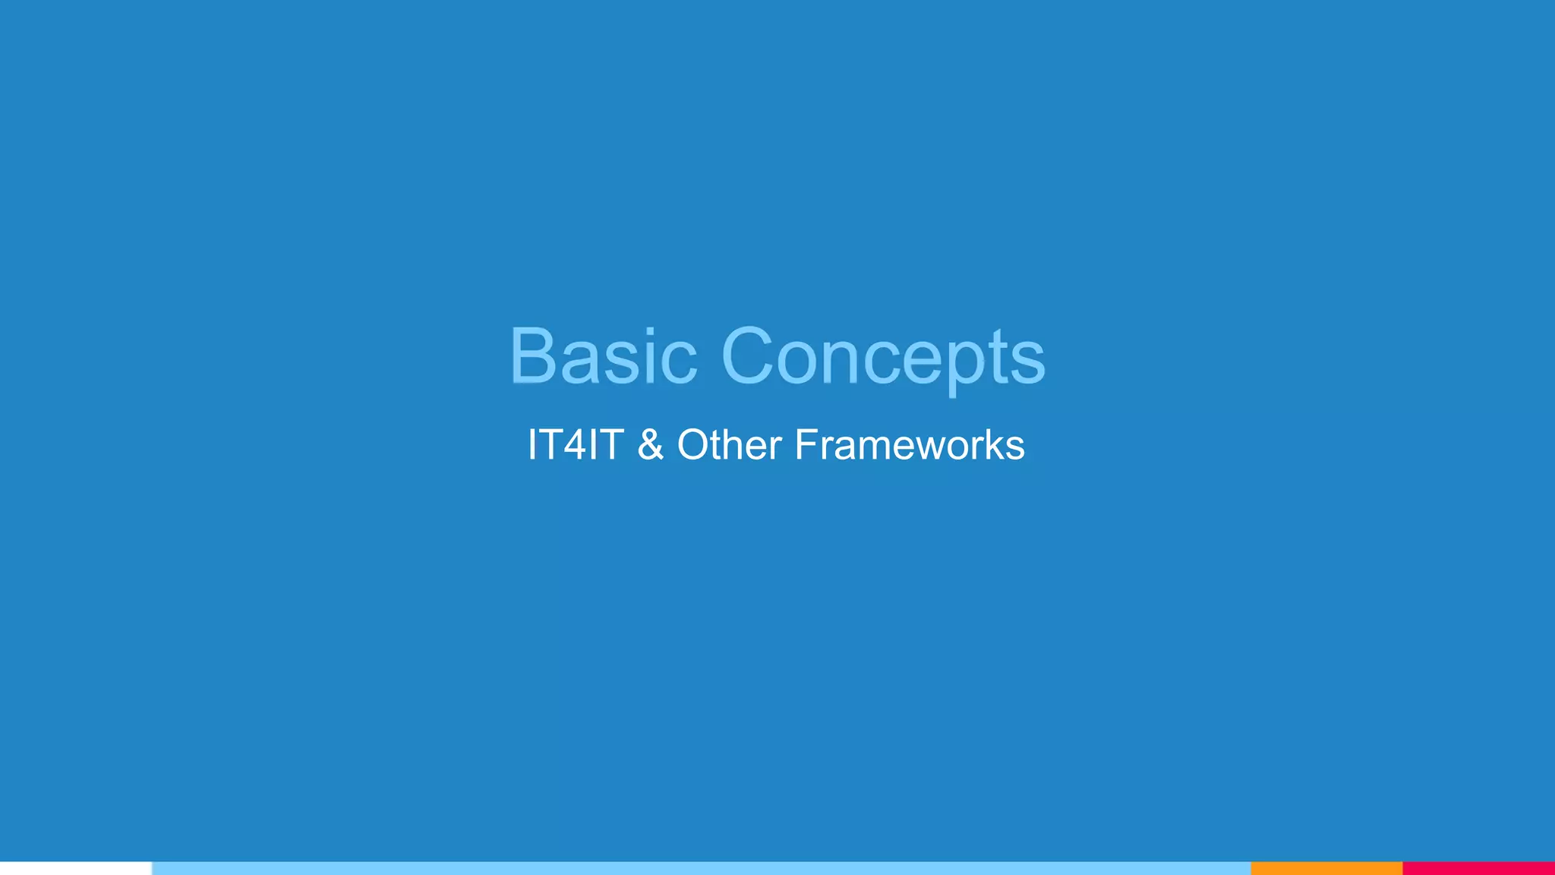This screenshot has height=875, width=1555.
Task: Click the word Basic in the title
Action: point(603,355)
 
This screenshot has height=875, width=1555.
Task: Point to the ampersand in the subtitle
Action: point(651,444)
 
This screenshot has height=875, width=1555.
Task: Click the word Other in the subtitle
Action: point(729,444)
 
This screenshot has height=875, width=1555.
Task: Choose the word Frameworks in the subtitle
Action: point(910,444)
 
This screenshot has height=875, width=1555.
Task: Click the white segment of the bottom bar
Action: point(76,868)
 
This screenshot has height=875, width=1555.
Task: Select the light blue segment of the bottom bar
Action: point(701,868)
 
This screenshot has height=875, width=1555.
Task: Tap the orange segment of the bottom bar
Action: point(1326,868)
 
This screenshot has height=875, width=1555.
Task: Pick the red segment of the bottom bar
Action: point(1478,868)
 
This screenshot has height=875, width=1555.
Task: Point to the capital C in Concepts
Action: point(752,355)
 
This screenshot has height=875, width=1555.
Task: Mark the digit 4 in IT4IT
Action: point(576,444)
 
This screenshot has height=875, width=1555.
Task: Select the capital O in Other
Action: point(693,444)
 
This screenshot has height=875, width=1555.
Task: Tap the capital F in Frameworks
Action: point(805,444)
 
